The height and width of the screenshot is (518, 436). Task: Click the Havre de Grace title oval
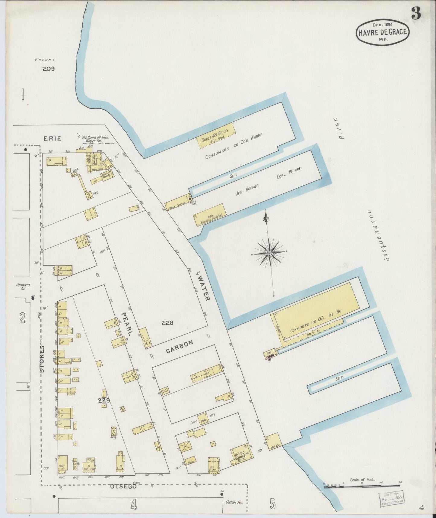pyautogui.click(x=383, y=32)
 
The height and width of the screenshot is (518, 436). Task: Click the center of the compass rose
pyautogui.click(x=269, y=252)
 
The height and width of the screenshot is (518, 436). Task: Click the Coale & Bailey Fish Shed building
pyautogui.click(x=215, y=135)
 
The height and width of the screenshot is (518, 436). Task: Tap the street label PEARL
pyautogui.click(x=127, y=324)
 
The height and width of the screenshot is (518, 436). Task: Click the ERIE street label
pyautogui.click(x=53, y=138)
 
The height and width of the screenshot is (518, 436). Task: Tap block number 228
pyautogui.click(x=167, y=323)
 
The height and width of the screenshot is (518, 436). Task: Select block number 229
pyautogui.click(x=103, y=400)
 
